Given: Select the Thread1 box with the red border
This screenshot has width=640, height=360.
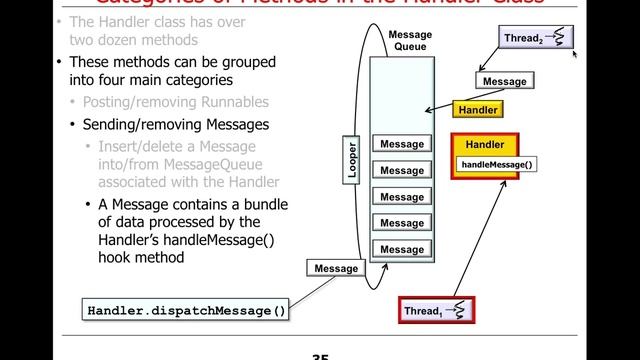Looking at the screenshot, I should click(434, 311).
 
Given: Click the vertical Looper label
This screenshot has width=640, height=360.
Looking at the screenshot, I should click(352, 159).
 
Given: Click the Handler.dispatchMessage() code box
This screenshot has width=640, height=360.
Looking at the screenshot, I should click(186, 310).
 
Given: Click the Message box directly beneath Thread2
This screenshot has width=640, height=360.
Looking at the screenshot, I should click(504, 80).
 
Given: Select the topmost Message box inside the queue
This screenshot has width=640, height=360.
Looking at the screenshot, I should click(402, 145).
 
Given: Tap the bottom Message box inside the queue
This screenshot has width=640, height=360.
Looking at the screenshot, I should click(402, 249).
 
